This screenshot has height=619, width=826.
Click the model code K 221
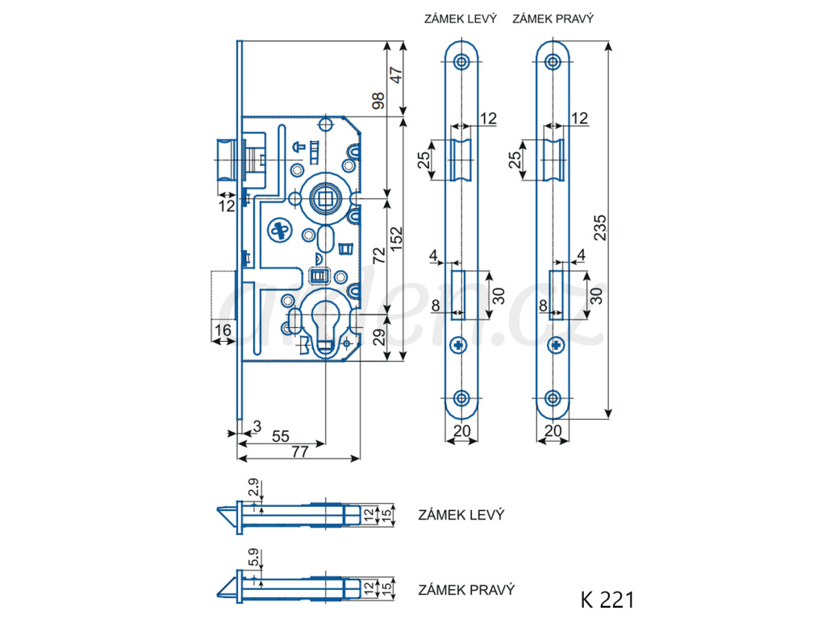pyautogui.click(x=607, y=600)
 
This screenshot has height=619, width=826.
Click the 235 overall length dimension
pyautogui.click(x=600, y=227)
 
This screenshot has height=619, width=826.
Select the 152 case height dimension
pyautogui.click(x=395, y=239)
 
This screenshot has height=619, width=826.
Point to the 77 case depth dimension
pyautogui.click(x=300, y=451)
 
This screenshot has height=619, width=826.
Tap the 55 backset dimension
pyautogui.click(x=280, y=436)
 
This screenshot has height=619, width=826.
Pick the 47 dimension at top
pyautogui.click(x=395, y=75)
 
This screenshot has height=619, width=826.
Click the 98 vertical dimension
pyautogui.click(x=378, y=101)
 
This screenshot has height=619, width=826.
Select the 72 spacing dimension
pyautogui.click(x=379, y=255)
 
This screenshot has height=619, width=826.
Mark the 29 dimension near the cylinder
pyautogui.click(x=379, y=337)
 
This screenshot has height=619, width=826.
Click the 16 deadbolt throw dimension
pyautogui.click(x=223, y=330)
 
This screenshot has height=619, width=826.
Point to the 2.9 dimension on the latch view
pyautogui.click(x=254, y=488)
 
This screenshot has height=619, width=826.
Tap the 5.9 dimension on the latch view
pyautogui.click(x=254, y=558)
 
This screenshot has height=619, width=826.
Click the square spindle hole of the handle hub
pyautogui.click(x=323, y=198)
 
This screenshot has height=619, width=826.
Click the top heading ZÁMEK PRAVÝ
pyautogui.click(x=553, y=19)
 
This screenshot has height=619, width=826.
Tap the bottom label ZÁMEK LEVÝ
pyautogui.click(x=461, y=515)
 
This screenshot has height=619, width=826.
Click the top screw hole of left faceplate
pyautogui.click(x=462, y=62)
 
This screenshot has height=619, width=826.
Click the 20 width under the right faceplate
pyautogui.click(x=553, y=430)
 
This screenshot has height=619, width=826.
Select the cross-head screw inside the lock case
pyautogui.click(x=280, y=231)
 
